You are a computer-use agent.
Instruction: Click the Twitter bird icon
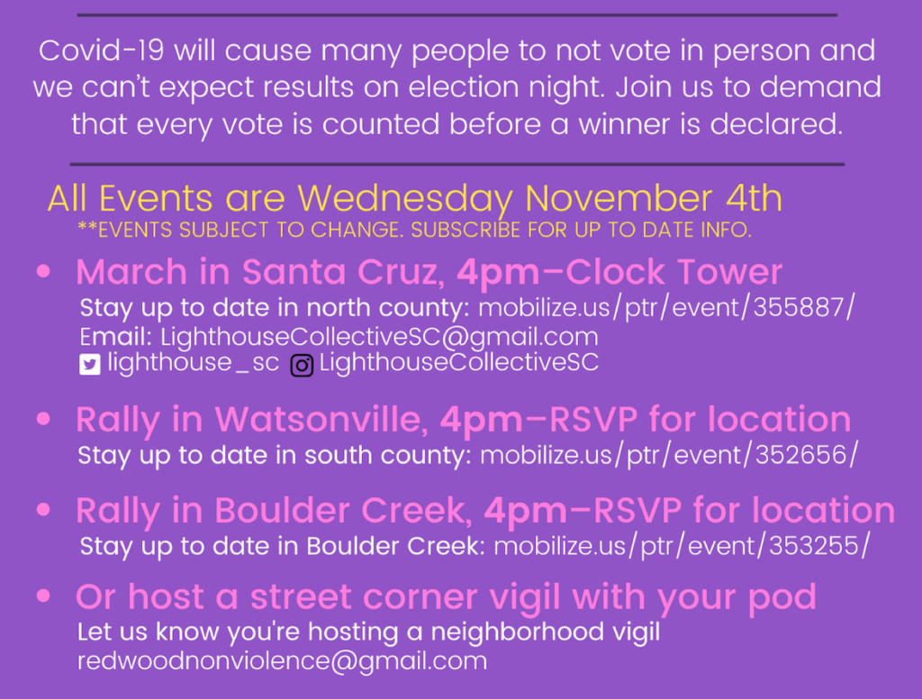tap(90, 364)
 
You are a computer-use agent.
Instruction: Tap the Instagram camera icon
tap(302, 366)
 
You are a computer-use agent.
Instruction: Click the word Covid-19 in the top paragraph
tap(101, 50)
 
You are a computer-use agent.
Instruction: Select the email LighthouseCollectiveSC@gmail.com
tap(379, 337)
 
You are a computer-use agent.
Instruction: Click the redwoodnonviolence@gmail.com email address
tap(282, 661)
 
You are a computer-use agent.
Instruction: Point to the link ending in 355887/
tap(666, 308)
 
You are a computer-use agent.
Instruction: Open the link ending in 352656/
tap(669, 456)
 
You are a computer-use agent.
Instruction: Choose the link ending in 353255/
tap(682, 546)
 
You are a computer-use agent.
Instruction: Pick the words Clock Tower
tap(673, 272)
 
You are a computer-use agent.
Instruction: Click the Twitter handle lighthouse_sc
tap(193, 362)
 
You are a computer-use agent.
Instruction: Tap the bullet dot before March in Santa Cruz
tap(43, 271)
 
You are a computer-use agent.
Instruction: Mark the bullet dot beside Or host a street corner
tap(43, 596)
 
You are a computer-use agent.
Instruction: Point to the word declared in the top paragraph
tap(776, 124)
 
